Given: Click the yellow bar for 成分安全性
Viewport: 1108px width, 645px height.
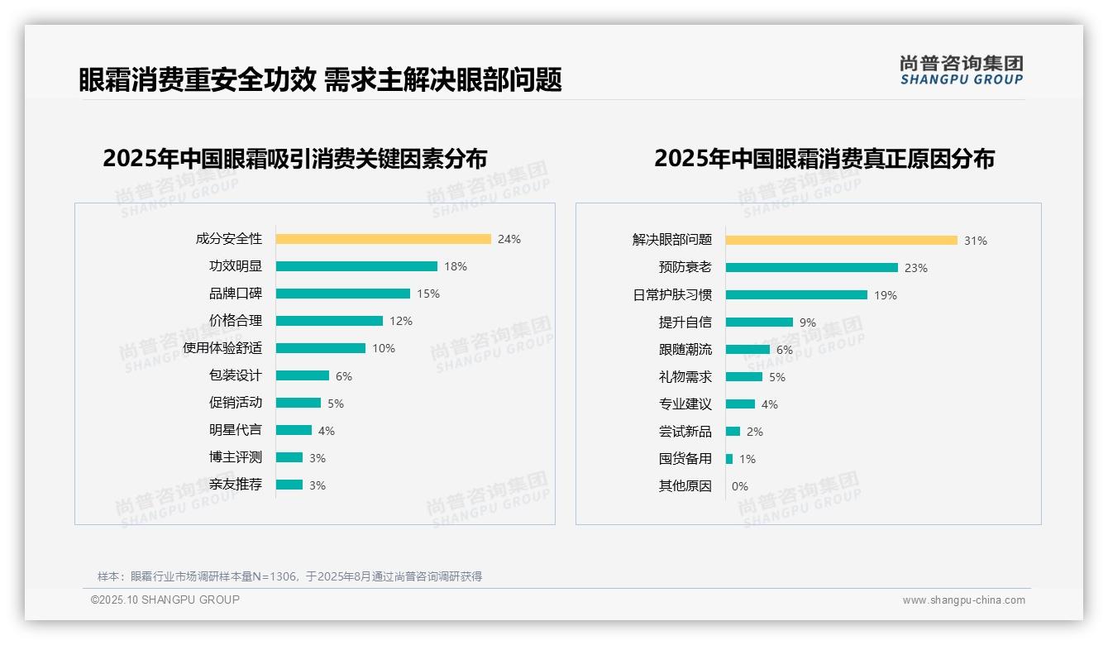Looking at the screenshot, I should [383, 239].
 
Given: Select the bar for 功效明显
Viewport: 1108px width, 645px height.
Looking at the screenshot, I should [356, 266].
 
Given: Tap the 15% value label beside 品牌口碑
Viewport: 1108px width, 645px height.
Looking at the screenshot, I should [428, 294].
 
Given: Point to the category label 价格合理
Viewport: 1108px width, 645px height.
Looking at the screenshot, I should [235, 321].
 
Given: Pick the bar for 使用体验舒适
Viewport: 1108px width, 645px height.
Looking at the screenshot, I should [320, 348].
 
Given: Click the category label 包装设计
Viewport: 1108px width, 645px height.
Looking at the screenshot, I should [235, 375].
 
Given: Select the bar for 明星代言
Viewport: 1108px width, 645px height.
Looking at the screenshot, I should [294, 430].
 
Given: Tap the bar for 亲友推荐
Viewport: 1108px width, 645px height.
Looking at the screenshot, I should [289, 485].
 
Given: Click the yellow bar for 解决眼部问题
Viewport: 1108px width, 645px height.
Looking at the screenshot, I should [841, 241].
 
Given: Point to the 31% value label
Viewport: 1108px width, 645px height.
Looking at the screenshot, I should [976, 241].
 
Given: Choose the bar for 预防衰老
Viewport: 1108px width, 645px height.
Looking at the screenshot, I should [811, 268].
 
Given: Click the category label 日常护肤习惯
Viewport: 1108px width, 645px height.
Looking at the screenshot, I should [672, 295].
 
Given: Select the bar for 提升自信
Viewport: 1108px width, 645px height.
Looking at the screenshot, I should [759, 322].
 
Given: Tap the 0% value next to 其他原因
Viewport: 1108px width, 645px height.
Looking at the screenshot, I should [740, 486].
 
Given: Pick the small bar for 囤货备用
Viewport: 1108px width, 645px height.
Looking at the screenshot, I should [729, 459].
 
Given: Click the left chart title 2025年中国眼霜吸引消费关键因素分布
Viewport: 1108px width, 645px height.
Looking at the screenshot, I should [295, 158].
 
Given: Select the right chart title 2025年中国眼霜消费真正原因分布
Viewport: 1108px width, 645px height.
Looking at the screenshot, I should [824, 158].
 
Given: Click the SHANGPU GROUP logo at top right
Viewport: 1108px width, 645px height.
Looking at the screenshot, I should [961, 69].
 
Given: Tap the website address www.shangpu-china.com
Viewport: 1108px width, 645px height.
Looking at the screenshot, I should [963, 600].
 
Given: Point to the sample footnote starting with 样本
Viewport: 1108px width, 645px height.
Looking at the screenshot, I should [289, 576].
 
